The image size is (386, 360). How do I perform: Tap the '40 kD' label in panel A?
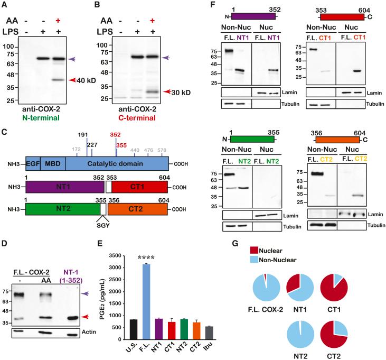pos(92,80)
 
